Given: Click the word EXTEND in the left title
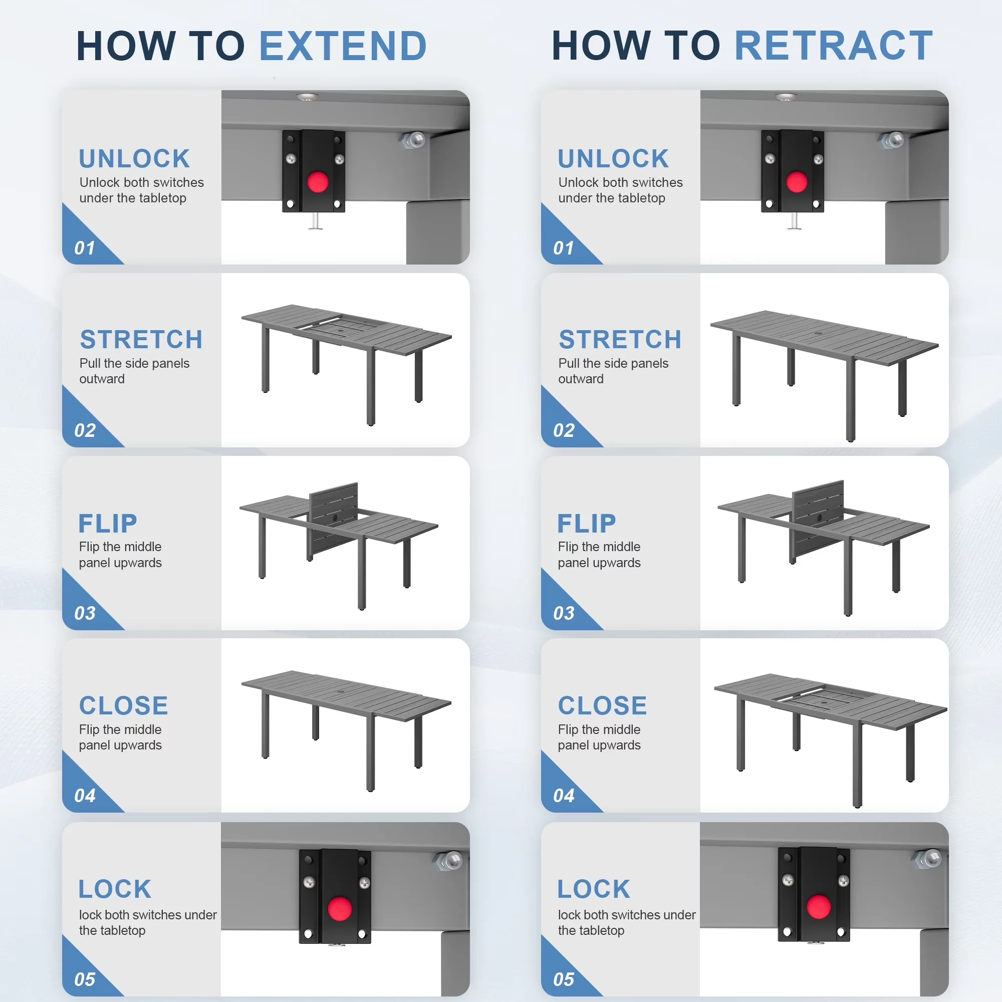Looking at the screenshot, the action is point(343,46).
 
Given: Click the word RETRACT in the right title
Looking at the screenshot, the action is point(834,46).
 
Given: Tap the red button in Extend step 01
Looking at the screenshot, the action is point(318,182).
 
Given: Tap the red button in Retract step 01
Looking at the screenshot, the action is point(797,182).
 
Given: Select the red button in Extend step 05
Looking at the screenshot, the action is point(340,909).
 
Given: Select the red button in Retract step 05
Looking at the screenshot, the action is point(819,907).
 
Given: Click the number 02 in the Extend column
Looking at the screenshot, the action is point(85,430).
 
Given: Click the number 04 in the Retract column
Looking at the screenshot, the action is point(564,796).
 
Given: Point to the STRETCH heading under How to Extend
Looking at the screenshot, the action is point(141,340).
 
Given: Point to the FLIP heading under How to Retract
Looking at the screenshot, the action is point(587,524).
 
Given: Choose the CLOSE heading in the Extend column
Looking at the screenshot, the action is point(123,706).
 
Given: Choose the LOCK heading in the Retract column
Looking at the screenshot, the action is point(594,889).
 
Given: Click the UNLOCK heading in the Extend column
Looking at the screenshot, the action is point(134,159).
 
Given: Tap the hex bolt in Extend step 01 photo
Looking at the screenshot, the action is point(413,140).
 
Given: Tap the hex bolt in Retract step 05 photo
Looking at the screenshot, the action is point(927,859).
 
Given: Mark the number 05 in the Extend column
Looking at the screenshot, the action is point(85,979).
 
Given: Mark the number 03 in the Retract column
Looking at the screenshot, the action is point(564,613).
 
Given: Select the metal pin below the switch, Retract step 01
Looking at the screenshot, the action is point(794,220).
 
